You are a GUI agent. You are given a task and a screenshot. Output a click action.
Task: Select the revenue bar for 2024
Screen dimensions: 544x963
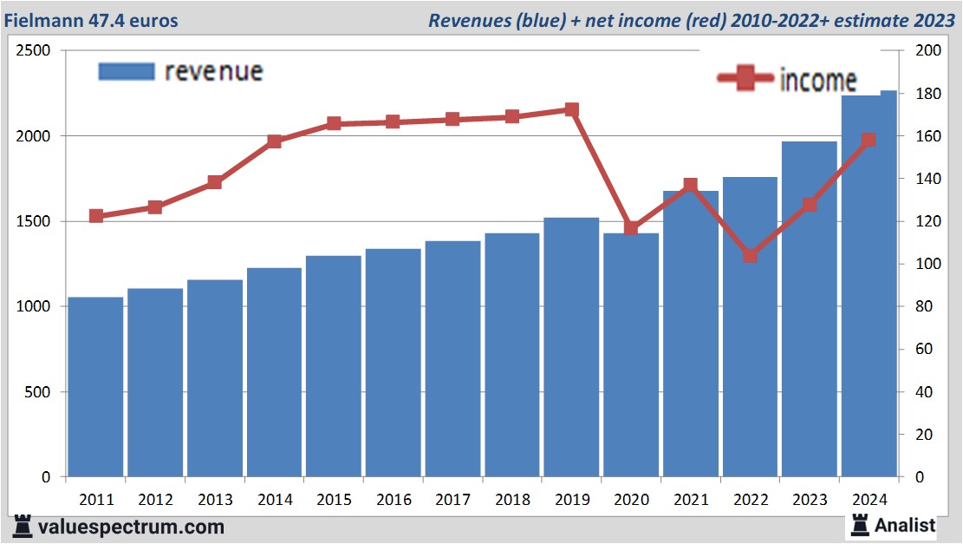869,286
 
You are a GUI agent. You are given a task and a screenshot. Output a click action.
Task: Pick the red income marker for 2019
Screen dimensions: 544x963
572,110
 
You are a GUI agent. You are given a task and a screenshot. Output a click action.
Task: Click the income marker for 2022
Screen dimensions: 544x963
751,256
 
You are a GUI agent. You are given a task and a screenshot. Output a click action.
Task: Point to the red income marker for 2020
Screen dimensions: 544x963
631,228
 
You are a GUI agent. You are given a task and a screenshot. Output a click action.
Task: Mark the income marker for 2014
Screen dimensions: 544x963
275,141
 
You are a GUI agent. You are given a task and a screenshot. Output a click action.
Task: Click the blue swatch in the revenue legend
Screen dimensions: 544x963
127,72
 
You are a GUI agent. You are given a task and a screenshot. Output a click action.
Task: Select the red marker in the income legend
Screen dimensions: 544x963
746,80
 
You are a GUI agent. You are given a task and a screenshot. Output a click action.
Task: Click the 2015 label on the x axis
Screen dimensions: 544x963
334,500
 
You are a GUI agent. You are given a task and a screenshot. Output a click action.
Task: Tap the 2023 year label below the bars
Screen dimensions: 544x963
810,500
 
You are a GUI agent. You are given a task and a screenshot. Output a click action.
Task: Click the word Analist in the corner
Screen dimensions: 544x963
905,525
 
